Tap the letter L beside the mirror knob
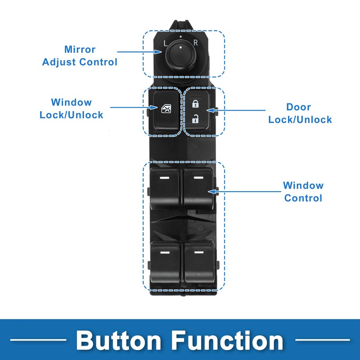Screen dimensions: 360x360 pos(166,44)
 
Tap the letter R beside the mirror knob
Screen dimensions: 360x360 pos(195,44)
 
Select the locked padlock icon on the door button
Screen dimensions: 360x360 pos(195,104)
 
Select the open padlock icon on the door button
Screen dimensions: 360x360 pos(195,119)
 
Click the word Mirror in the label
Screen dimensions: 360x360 pos(80,49)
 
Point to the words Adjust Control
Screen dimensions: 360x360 pos(80,62)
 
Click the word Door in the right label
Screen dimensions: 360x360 pos(299,107)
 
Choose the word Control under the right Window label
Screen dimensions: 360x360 pos(303,198)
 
